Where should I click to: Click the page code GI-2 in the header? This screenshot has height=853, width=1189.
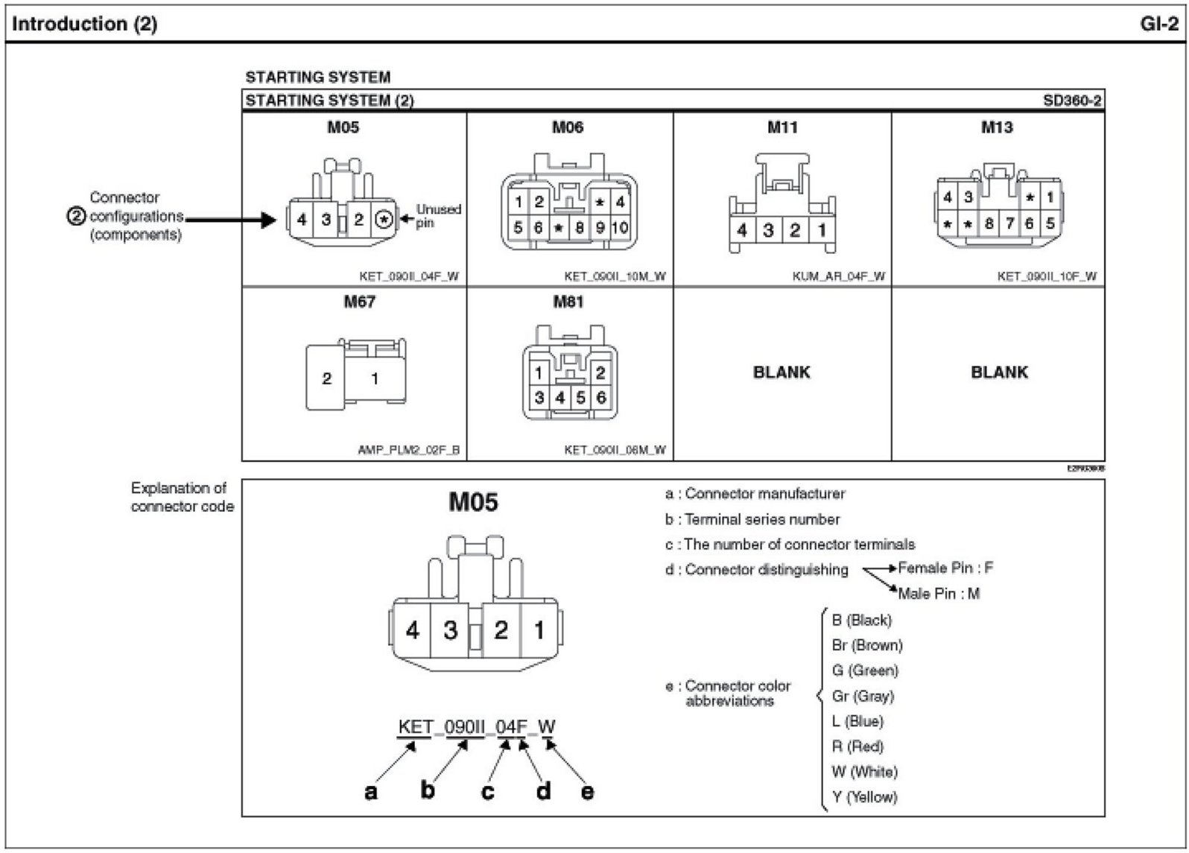point(1160,24)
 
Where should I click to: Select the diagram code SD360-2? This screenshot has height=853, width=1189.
point(1072,101)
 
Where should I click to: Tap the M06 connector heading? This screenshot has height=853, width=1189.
point(568,127)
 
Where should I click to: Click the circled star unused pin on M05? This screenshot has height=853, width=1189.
point(384,220)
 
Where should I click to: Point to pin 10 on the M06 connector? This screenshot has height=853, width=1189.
point(620,228)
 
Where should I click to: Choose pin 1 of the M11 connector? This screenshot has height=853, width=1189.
point(822,230)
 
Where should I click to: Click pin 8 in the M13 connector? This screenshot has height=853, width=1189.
point(989,223)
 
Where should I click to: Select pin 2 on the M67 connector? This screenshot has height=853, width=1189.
point(326,378)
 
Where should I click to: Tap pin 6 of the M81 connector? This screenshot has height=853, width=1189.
point(600,398)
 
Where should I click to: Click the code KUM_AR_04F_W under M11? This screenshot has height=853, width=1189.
point(839,276)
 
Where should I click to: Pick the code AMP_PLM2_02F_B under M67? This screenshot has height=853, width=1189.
point(409,450)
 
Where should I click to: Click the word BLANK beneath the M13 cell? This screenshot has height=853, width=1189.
point(999,372)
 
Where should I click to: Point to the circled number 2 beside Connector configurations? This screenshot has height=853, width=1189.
point(77,216)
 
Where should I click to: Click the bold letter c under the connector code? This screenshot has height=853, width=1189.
point(487,790)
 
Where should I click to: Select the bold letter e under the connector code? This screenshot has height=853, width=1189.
point(588,790)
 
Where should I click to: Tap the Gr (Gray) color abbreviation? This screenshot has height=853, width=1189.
point(863,696)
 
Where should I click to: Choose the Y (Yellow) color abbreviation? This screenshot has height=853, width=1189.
point(864,796)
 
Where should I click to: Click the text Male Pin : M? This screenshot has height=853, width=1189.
point(939,594)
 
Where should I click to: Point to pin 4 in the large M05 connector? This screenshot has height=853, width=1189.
point(412,630)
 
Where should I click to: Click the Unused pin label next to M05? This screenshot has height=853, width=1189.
point(438,216)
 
